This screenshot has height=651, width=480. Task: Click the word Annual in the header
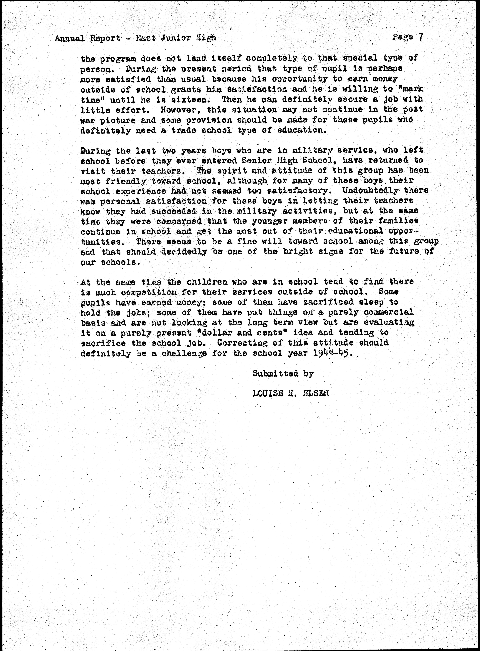point(70,38)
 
